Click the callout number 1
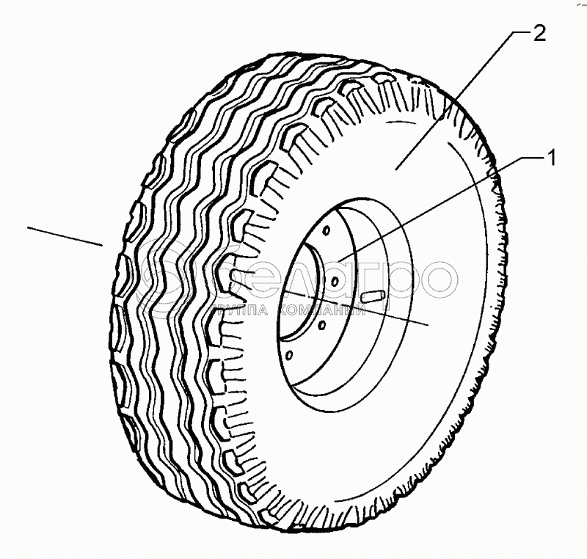pos(549,158)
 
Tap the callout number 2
pos(539,34)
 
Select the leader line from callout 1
pos(440,205)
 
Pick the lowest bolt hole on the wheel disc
pos(288,357)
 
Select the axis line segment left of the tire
pos(64,235)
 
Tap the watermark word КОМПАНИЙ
pos(323,311)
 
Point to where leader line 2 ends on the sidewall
pos(397,168)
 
